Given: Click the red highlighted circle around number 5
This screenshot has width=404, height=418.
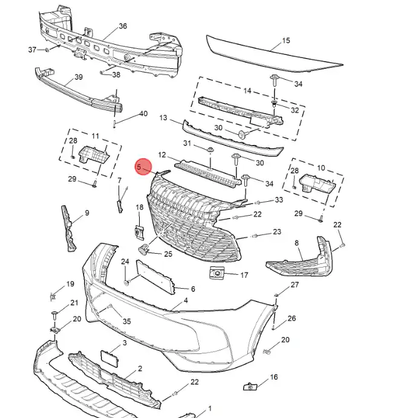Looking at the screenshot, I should [143, 166].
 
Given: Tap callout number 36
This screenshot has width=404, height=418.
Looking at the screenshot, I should [123, 26].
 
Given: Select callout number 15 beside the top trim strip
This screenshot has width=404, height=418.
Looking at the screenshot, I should [286, 42].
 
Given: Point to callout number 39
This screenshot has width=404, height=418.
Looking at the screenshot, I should [78, 77].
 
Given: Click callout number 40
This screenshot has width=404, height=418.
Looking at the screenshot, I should [143, 114].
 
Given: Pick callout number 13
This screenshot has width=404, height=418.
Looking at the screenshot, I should [163, 118].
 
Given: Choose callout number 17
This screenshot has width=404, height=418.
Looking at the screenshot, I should [244, 275].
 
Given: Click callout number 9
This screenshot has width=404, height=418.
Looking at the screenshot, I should [86, 213].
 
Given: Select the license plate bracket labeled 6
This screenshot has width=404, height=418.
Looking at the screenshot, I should [154, 274].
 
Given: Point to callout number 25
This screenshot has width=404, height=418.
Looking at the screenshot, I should [168, 254].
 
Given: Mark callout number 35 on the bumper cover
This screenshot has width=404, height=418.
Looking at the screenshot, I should [126, 321].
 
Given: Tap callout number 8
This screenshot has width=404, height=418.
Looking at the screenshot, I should [297, 243].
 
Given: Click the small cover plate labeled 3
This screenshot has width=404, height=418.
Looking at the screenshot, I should [109, 358].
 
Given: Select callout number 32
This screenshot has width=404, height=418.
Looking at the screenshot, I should [295, 110].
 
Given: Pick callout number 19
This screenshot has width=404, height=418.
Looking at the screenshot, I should [70, 284].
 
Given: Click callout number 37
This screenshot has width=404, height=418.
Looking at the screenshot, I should [33, 49].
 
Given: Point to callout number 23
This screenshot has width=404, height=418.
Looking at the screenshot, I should [277, 232].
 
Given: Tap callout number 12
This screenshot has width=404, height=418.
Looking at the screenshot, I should [162, 155].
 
